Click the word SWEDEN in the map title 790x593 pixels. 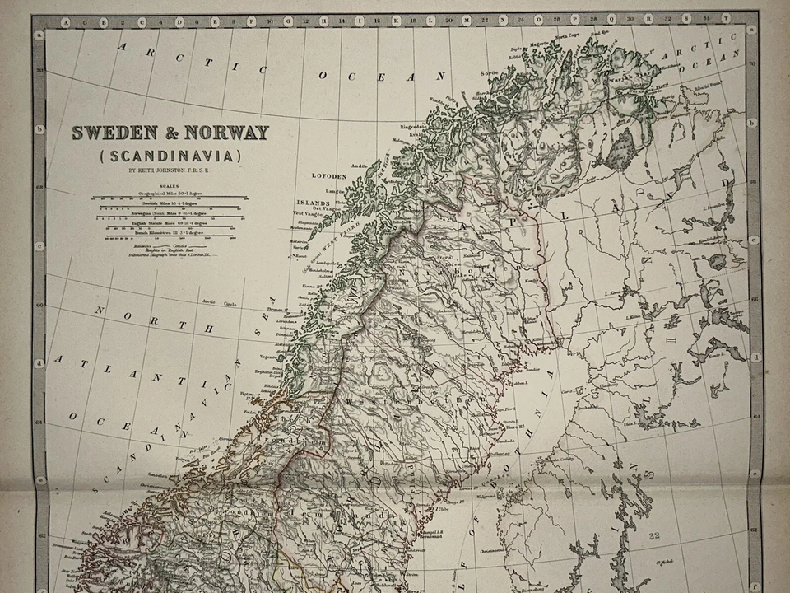(110, 133)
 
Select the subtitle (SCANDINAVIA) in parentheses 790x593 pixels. (170, 155)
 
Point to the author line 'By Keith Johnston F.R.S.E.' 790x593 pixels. (170, 171)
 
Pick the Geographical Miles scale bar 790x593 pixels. (169, 198)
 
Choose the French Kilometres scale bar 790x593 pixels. (169, 236)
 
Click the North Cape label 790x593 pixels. (567, 37)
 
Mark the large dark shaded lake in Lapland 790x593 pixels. (623, 151)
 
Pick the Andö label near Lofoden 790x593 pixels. (359, 165)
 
